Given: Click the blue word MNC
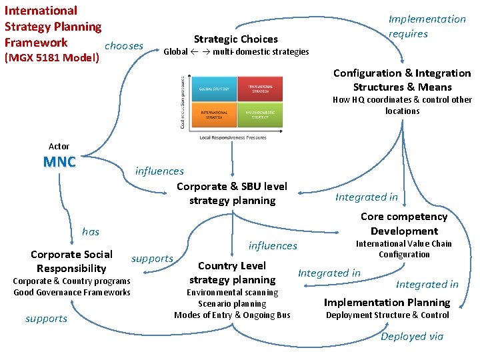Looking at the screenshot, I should [x=59, y=162].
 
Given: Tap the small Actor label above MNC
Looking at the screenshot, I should [x=59, y=146].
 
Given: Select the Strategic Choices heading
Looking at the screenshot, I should [x=235, y=39].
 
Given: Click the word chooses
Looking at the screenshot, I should [x=124, y=45].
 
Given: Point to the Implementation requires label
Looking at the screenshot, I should [x=427, y=26].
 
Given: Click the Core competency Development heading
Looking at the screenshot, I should [x=403, y=223].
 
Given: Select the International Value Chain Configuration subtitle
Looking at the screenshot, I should [x=403, y=249].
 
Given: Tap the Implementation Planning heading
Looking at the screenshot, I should [x=387, y=302].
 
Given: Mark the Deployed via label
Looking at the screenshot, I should [x=411, y=336].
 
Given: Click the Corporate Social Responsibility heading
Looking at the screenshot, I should [x=71, y=261].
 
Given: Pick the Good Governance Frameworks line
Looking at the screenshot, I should [x=72, y=292].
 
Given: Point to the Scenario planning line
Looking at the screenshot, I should [x=231, y=303].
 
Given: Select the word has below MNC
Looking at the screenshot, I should [x=90, y=231].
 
